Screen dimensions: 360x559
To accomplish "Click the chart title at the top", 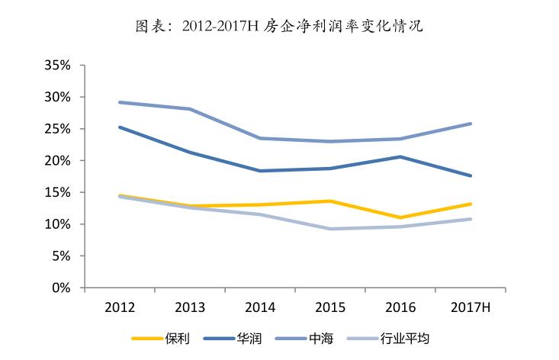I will pos(279,27).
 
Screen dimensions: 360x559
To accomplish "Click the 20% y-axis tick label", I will pos(58,161).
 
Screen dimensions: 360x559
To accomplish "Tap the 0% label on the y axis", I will pos(62,288).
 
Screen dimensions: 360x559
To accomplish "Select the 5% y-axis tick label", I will pos(62,256).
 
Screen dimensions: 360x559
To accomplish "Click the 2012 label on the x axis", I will pos(120,307).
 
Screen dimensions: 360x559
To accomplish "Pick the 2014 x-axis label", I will pos(260,307).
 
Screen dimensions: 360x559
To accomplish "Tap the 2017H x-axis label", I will pos(471,307).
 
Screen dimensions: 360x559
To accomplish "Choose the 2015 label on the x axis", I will pos(330,307).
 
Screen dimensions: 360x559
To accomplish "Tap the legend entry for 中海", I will pos(307,338).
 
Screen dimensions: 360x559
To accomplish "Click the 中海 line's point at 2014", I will pos(260,138).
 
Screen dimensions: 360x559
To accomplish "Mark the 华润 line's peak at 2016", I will pos(400,157).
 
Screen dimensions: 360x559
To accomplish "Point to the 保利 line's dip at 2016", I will pos(400,217).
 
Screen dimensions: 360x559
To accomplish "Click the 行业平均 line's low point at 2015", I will pos(330,229).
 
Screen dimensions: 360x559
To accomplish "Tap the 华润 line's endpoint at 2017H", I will pos(471,175).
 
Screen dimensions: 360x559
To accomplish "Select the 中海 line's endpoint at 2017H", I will pos(471,124).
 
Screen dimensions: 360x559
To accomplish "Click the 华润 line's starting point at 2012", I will pos(120,127).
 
